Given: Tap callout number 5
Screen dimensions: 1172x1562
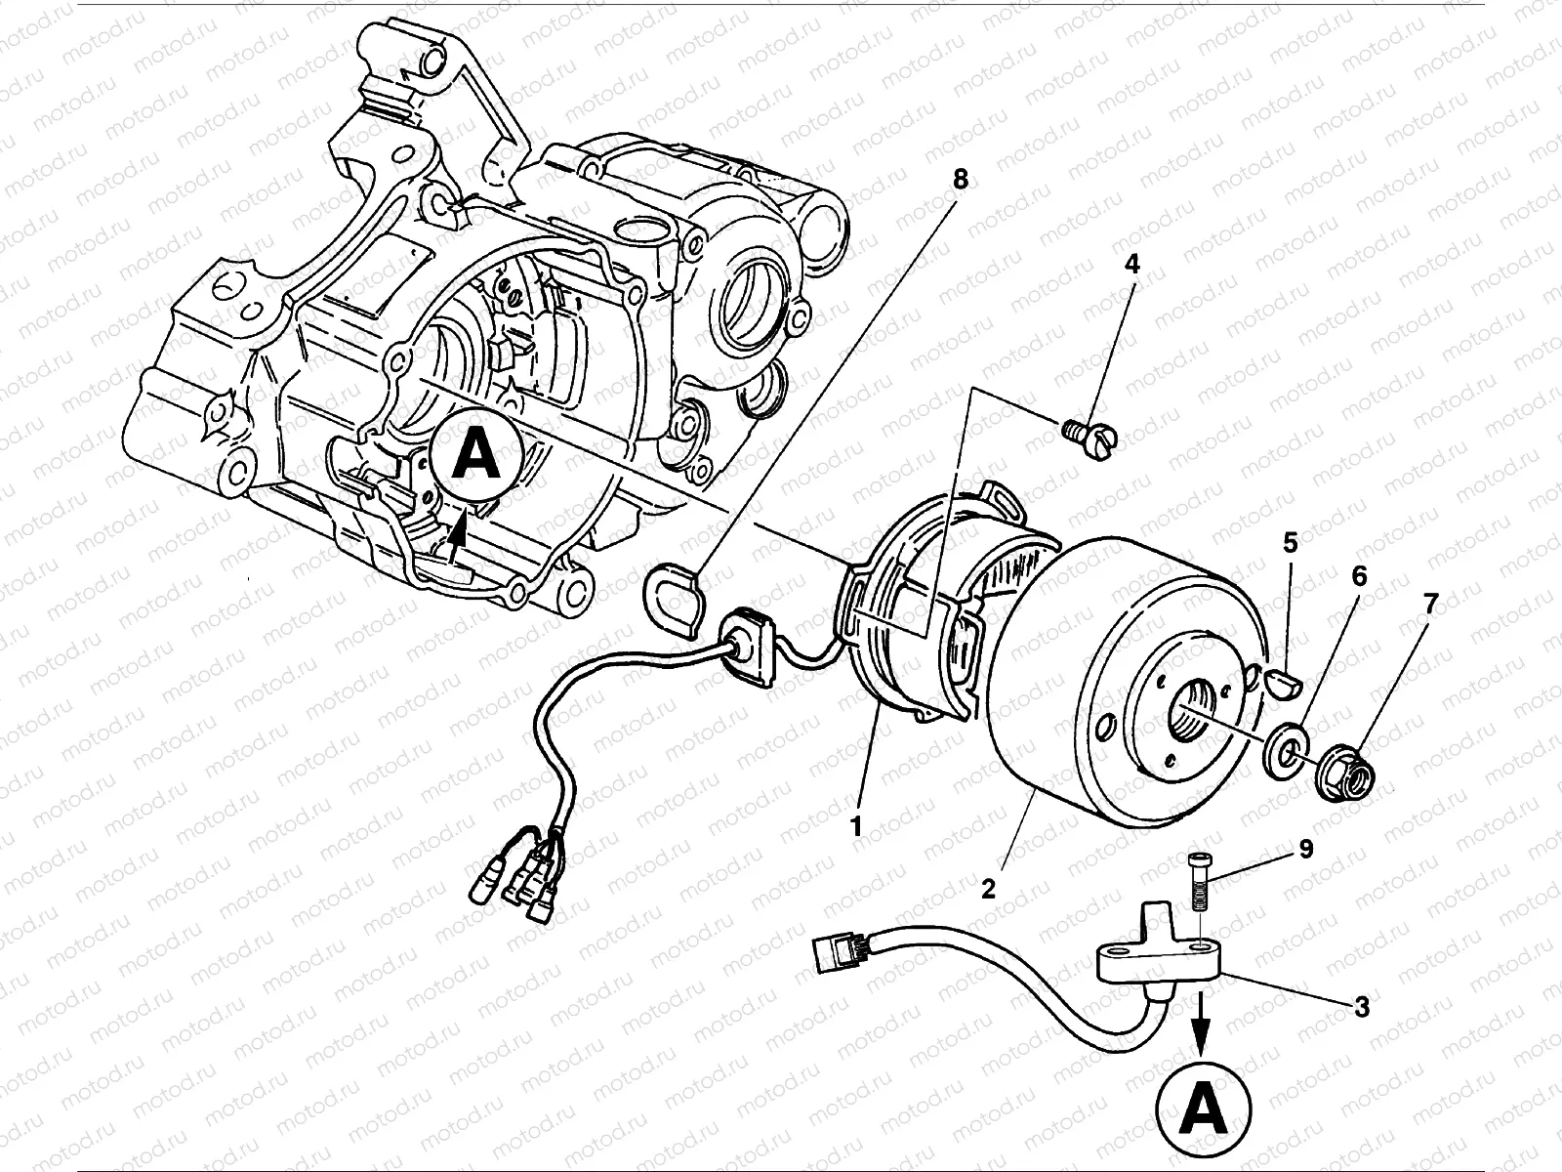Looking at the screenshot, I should point(1291,543).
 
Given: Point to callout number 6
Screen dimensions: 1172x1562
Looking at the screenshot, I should point(1359,577).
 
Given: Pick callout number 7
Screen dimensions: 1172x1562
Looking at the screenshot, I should point(1430,606).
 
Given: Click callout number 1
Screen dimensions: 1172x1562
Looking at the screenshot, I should point(856,826).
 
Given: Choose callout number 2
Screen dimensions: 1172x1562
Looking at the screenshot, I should point(988,889).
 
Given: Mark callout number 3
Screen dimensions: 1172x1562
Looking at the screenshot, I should point(1362,1006).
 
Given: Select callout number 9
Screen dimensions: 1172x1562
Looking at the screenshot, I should point(1305,850).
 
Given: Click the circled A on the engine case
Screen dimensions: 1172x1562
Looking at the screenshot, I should point(477,455).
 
